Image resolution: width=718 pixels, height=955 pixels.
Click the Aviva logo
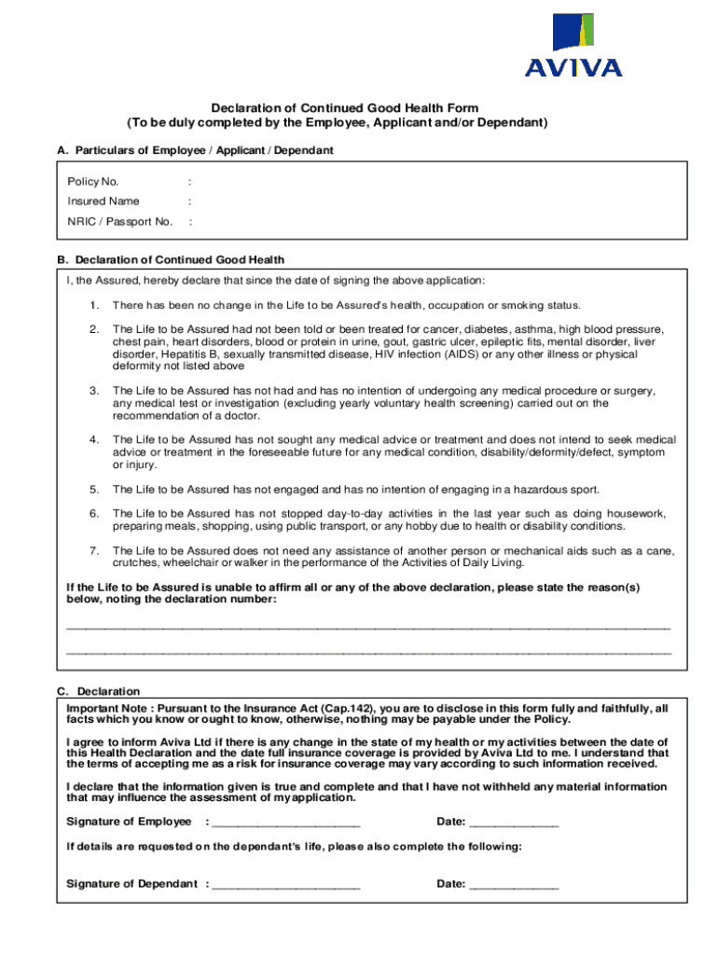pos(573,45)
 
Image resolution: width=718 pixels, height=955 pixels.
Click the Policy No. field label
pos(92,181)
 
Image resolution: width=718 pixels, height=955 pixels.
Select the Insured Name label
pos(103,201)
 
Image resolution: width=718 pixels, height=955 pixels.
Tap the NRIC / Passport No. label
pos(119,222)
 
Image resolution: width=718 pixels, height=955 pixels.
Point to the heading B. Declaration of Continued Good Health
pos(171,259)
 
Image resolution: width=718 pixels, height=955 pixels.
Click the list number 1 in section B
pos(94,306)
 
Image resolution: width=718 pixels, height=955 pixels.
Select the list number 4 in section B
pos(94,439)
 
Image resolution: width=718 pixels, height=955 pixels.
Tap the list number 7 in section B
pos(94,551)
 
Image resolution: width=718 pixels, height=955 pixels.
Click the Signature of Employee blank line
pos(285,823)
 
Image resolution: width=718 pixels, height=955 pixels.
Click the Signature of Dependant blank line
pos(285,885)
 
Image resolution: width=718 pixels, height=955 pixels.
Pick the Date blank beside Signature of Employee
pos(514,823)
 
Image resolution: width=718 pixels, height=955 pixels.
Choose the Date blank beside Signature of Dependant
pos(514,885)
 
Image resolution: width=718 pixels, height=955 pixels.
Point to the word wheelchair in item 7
pos(193,563)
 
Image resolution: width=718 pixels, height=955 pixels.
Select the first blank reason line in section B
pos(368,627)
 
